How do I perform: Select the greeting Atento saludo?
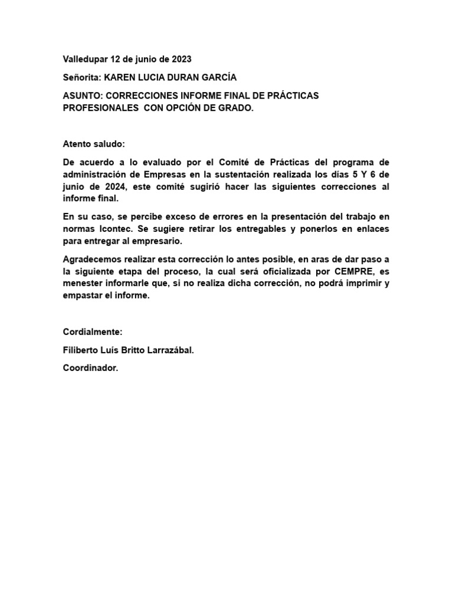tap(94, 144)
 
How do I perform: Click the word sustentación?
tap(254, 175)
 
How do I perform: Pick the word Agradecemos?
tap(92, 259)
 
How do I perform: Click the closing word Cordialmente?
tap(93, 332)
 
